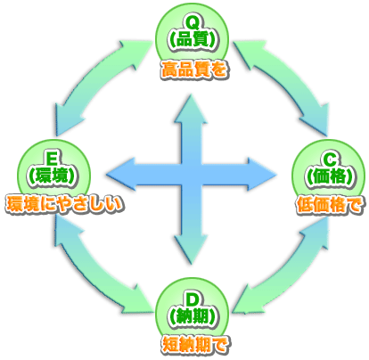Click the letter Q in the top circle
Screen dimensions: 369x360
click(193, 23)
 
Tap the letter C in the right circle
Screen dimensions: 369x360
click(330, 160)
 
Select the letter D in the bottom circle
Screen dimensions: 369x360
click(193, 299)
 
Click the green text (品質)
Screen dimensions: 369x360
click(193, 39)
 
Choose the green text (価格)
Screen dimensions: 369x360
click(330, 177)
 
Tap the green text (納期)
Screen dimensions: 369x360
click(193, 316)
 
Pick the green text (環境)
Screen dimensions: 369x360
click(53, 177)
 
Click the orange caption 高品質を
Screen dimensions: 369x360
click(195, 70)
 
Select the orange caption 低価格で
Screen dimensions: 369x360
click(329, 205)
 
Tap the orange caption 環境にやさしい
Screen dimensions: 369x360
click(64, 205)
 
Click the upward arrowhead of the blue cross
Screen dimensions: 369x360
click(191, 109)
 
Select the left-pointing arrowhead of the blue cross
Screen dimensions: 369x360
click(120, 174)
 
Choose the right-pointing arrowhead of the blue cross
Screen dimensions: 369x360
click(262, 174)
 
